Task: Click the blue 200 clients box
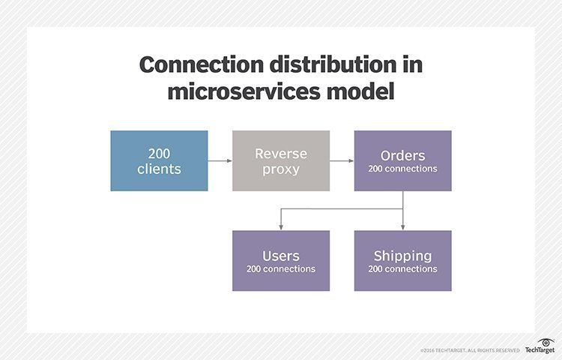159,160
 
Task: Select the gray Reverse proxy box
281,160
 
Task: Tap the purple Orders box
402,160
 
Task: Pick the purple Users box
281,260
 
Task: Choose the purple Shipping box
402,260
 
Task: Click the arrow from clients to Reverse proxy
220,160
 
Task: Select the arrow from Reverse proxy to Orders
342,160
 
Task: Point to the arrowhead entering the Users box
281,226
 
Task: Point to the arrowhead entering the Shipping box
403,226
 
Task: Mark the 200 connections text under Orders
402,169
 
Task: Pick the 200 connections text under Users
281,268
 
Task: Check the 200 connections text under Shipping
402,268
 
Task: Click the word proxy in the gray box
281,169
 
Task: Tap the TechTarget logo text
539,349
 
